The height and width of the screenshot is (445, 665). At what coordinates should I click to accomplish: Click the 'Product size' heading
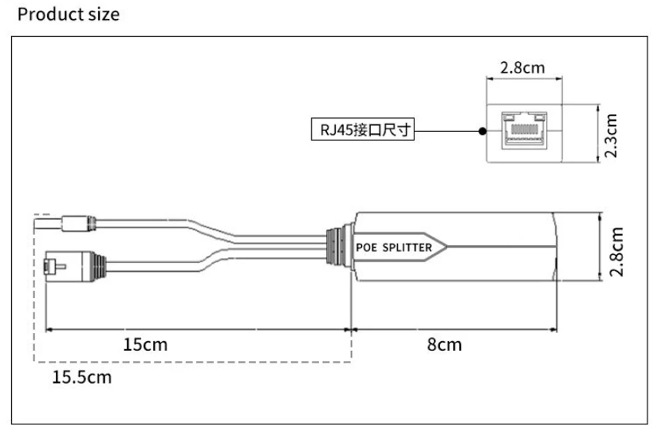point(68,15)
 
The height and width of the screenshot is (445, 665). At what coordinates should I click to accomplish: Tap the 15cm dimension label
point(145,344)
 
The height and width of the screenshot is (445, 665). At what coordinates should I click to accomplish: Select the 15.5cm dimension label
point(82,378)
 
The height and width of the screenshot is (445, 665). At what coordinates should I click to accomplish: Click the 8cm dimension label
point(444,344)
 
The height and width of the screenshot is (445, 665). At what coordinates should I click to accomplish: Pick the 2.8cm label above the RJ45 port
point(522,68)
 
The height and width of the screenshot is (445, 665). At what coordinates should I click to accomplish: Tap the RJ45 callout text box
point(362,130)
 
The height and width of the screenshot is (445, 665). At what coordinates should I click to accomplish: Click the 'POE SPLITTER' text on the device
point(394,247)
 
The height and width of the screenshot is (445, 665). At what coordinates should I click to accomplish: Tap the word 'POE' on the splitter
point(367,247)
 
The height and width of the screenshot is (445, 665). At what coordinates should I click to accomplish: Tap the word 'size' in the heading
point(104,15)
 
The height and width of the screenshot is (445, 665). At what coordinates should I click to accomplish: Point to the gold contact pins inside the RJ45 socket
point(525,124)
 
